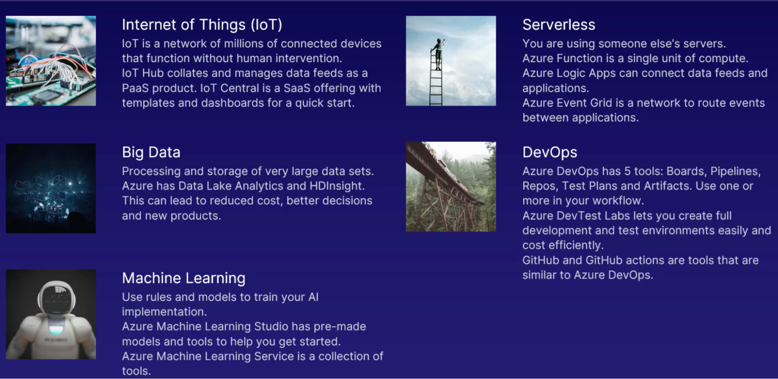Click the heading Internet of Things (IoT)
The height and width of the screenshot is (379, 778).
[x=202, y=25]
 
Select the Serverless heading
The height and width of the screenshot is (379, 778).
[x=558, y=25]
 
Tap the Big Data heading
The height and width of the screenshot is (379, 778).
[x=151, y=153]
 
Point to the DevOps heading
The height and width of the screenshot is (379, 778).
[x=550, y=152]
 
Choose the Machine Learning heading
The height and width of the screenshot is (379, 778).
[x=184, y=278]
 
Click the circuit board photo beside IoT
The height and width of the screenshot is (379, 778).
[x=51, y=61]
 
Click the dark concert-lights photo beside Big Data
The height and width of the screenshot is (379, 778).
[x=51, y=188]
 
